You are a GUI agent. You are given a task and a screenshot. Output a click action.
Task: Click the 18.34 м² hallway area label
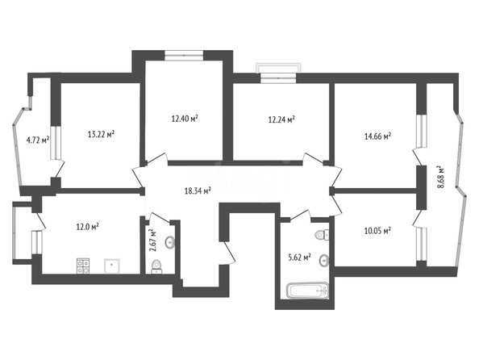click(x=198, y=190)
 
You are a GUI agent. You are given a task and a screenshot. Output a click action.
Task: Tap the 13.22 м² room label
click(x=101, y=134)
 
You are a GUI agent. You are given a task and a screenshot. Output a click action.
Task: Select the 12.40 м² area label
click(x=185, y=119)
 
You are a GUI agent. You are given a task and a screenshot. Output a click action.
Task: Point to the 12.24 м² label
click(x=281, y=119)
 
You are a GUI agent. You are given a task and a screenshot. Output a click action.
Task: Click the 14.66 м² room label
click(x=378, y=136)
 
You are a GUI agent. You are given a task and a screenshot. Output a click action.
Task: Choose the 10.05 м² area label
click(x=378, y=231)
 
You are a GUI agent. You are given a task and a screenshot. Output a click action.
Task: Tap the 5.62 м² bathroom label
click(x=300, y=257)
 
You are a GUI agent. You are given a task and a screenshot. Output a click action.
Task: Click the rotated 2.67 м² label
click(x=152, y=241)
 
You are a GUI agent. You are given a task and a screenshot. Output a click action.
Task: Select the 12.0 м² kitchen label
click(x=87, y=227)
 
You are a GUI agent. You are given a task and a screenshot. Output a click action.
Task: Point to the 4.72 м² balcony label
click(x=38, y=140)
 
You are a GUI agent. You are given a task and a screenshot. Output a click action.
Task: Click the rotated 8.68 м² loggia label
click(x=440, y=177)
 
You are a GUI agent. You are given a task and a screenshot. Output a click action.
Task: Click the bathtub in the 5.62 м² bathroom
click(x=308, y=291)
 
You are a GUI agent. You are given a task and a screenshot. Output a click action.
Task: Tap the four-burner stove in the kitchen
click(x=83, y=266)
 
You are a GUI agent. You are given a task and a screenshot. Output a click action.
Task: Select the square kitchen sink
click(x=112, y=266)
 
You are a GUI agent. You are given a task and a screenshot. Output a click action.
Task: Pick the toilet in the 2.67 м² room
click(x=157, y=266)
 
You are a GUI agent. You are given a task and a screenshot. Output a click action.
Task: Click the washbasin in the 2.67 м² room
click(x=170, y=242)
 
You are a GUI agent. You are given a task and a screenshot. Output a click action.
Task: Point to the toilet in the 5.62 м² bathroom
click(x=323, y=235)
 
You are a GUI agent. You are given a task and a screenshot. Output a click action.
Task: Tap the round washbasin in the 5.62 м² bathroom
click(x=324, y=261)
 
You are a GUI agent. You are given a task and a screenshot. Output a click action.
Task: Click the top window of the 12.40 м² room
click(x=184, y=55)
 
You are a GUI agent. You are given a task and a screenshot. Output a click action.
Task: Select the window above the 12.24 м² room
click(x=278, y=73)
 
